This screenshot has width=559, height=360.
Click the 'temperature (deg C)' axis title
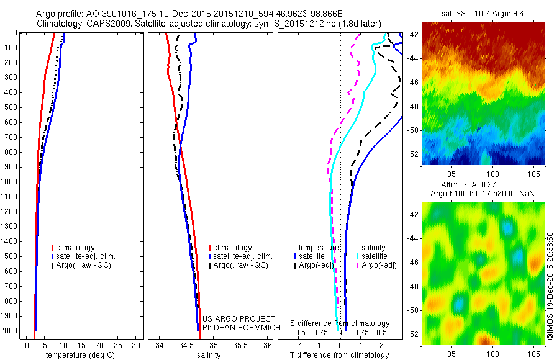click(78, 355)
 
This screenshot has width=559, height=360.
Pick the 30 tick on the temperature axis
click(137, 345)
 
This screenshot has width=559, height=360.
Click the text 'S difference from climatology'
click(340, 323)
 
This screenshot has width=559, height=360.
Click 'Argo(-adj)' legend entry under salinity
click(379, 265)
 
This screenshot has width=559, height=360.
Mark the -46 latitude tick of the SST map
click(412, 82)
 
